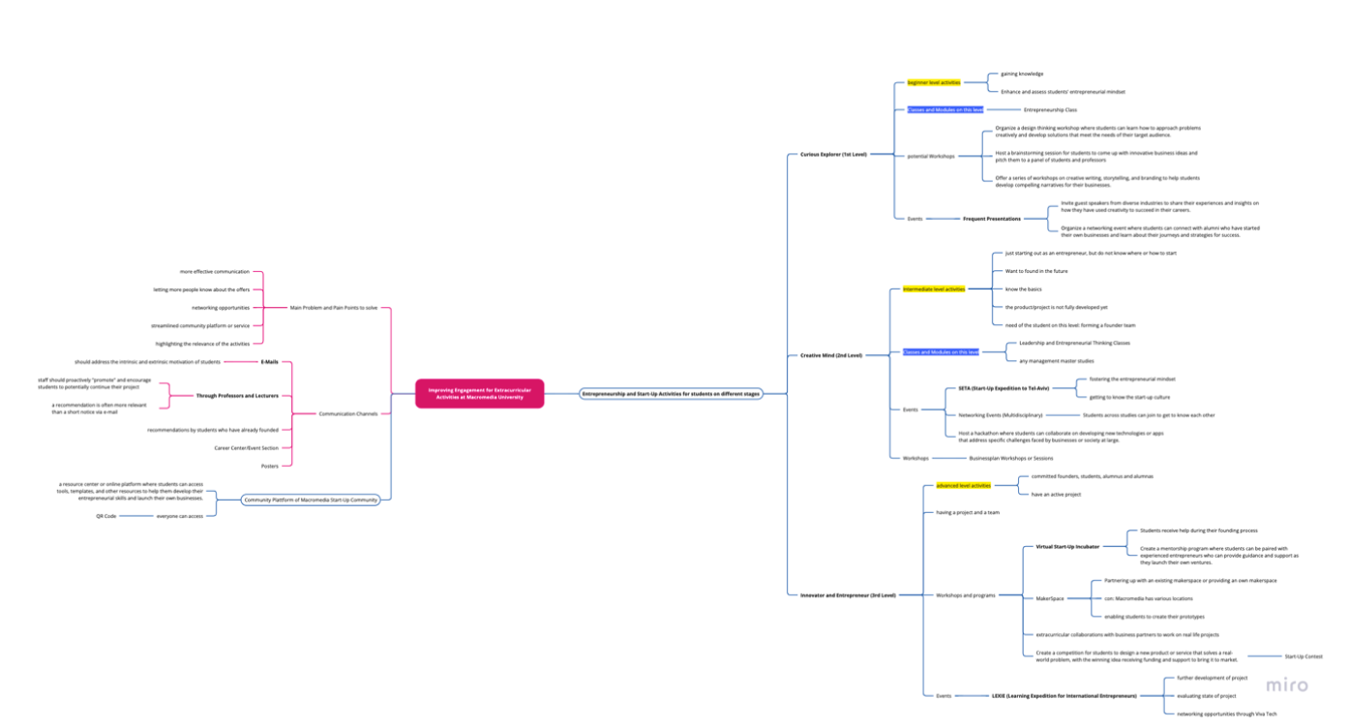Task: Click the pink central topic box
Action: [x=479, y=393]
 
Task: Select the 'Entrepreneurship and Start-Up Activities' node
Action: [x=671, y=394]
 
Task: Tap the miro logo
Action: [x=1287, y=685]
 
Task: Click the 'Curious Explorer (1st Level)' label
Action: [x=833, y=154]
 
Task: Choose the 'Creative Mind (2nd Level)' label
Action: [x=831, y=355]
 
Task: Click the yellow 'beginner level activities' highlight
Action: [x=934, y=82]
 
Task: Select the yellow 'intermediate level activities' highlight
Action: [x=934, y=289]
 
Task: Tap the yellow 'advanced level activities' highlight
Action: [x=963, y=485]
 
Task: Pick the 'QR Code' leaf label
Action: [x=105, y=516]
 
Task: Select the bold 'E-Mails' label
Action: [x=269, y=361]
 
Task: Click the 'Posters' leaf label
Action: [x=269, y=466]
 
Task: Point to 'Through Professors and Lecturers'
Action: [x=237, y=396]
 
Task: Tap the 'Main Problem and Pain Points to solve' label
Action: [x=334, y=308]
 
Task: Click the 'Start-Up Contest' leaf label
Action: [x=1303, y=656]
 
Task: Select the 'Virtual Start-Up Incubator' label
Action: [x=1067, y=547]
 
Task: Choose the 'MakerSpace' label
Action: [x=1050, y=598]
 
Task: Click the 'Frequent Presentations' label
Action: [x=991, y=219]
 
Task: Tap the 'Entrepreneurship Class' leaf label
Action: [x=1050, y=109]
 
